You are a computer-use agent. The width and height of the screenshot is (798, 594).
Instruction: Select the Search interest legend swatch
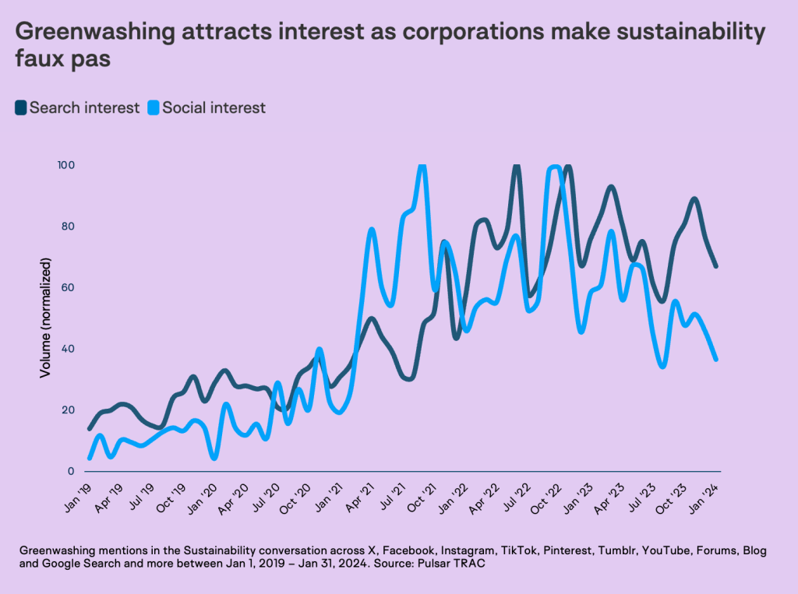21,108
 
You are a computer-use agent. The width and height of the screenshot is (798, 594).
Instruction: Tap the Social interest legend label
214,108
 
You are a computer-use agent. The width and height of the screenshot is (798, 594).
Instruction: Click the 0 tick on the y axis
70,472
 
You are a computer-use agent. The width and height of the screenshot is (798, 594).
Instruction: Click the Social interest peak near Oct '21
422,165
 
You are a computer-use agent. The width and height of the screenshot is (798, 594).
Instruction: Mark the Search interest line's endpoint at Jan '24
715,266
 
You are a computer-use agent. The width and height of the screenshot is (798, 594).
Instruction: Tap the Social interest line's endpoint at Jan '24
715,359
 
